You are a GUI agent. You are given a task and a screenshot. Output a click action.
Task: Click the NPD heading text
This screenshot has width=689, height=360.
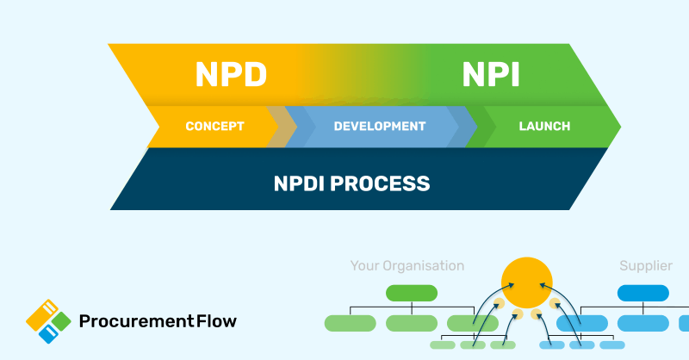(230, 75)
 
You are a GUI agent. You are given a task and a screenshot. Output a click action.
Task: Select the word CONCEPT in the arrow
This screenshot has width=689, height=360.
(214, 127)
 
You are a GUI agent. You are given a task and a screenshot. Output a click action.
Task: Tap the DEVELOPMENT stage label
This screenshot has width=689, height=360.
(379, 127)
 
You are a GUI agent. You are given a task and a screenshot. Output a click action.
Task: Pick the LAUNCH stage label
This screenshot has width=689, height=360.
(544, 127)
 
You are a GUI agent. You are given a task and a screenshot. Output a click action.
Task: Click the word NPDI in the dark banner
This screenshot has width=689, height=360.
(309, 183)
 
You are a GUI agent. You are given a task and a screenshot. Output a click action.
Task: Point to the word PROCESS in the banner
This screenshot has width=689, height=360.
(388, 183)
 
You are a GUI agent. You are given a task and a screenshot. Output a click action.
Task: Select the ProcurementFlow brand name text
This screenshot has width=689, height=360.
(158, 322)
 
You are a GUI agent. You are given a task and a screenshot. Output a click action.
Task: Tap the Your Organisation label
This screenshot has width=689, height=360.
(407, 266)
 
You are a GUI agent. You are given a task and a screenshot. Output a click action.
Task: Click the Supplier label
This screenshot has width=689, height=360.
(645, 266)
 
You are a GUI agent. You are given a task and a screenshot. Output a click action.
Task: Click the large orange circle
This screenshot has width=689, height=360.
(527, 282)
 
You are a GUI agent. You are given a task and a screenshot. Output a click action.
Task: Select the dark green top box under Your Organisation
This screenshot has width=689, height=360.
(412, 293)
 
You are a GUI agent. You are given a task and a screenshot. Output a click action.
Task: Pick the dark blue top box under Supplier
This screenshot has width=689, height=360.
(643, 293)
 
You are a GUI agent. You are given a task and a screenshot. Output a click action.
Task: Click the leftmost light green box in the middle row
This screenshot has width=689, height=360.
(350, 324)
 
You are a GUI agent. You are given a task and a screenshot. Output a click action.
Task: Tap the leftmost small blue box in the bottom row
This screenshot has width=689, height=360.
(551, 345)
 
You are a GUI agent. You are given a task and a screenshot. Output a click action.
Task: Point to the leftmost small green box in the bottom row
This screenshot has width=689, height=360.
(443, 345)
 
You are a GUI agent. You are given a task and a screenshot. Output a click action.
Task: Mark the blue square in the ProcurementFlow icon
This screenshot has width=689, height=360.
(52, 332)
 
